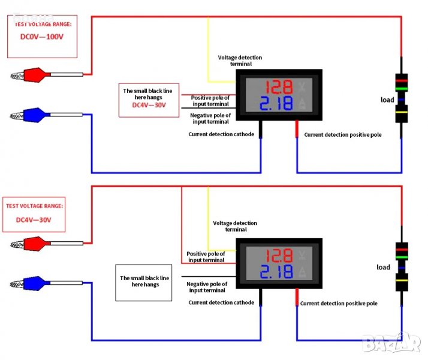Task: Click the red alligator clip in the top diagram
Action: (x=33, y=76)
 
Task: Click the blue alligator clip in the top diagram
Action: (x=33, y=113)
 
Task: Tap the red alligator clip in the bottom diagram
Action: (x=33, y=244)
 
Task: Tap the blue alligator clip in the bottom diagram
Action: (x=33, y=281)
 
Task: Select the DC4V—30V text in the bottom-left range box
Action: (x=34, y=220)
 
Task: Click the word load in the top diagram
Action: (x=387, y=100)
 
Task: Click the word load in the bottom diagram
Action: (x=383, y=267)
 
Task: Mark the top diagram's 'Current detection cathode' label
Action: (x=221, y=134)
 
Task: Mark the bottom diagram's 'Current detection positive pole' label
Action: (x=339, y=304)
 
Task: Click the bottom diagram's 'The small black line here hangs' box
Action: (x=144, y=281)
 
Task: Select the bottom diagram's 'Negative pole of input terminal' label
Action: (x=207, y=287)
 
